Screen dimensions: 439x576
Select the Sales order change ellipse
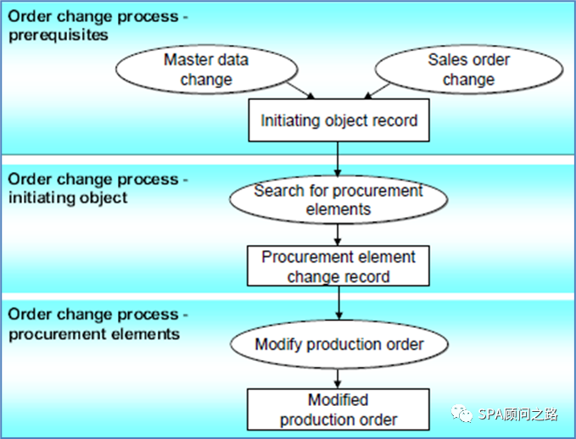coord(468,69)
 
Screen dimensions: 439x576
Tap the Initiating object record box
coord(338,120)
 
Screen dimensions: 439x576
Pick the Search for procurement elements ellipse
coord(338,199)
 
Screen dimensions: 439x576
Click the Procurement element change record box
coord(338,266)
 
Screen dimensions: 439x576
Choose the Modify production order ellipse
coord(338,344)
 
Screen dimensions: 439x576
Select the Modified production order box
coord(338,409)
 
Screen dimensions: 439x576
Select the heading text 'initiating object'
coord(67,197)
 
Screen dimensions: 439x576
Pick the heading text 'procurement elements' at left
coord(94,333)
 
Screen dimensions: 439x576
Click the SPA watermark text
coord(517,414)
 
